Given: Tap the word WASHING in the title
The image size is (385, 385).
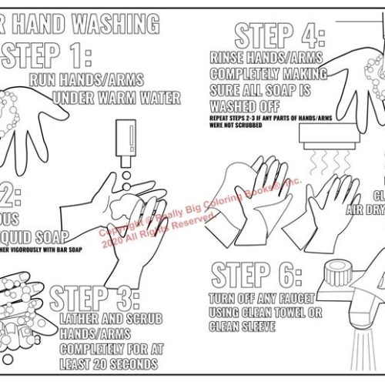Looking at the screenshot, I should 120,24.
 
